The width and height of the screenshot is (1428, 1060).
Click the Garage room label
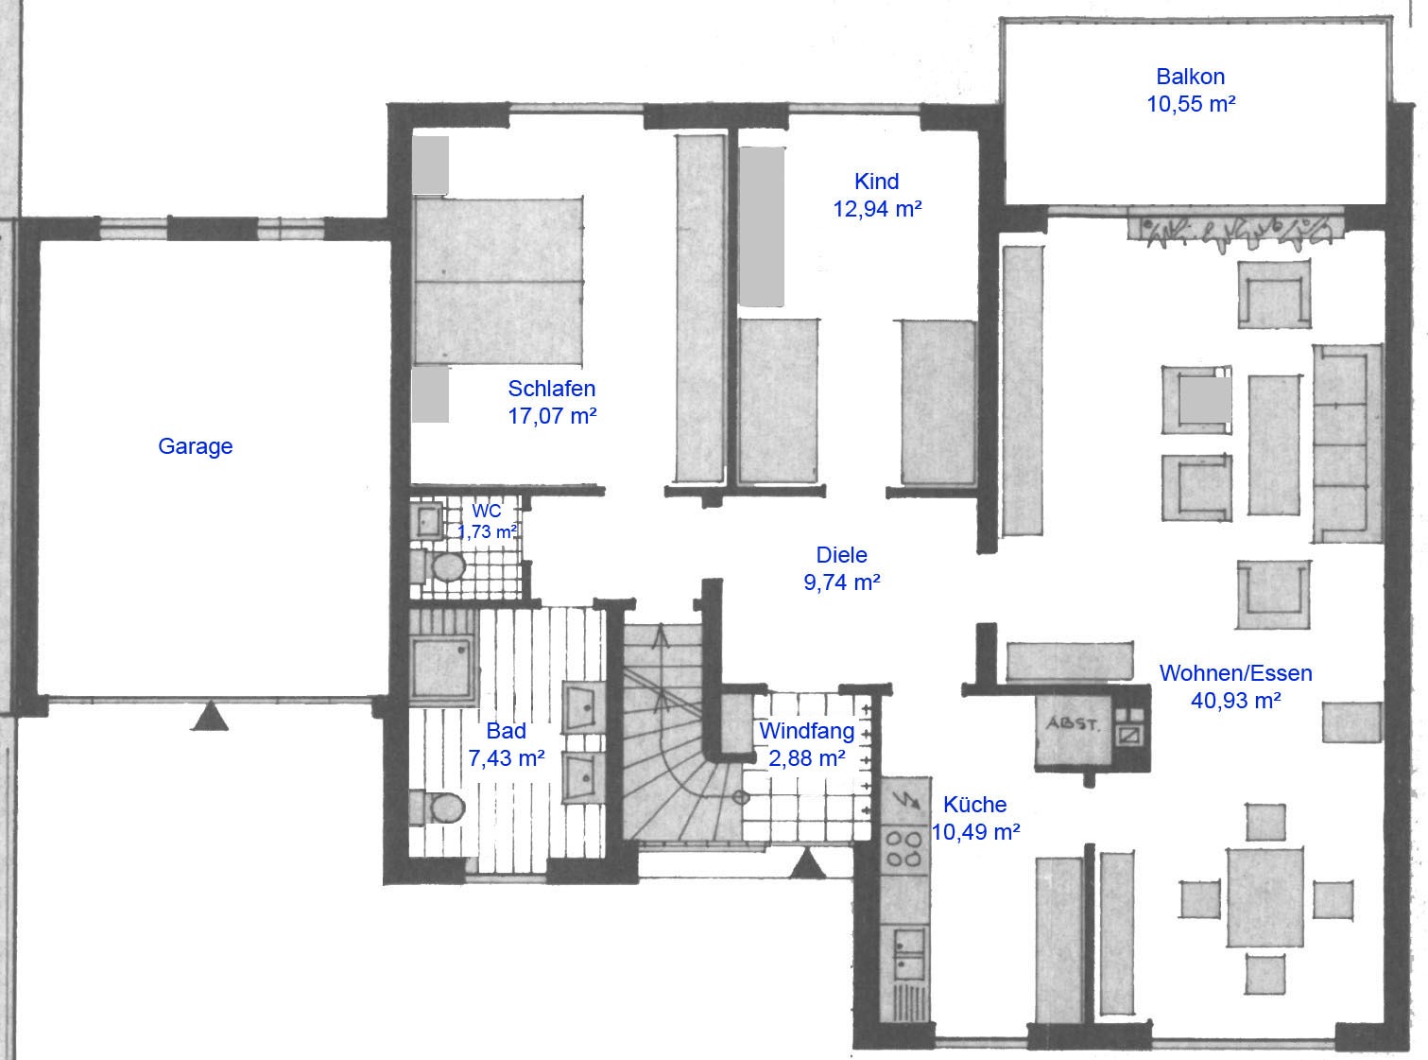pos(195,446)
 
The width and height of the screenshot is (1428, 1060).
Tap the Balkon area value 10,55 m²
pos(1191,104)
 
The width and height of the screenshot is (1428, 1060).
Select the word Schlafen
pos(552,389)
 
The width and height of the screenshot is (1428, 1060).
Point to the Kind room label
pos(876,181)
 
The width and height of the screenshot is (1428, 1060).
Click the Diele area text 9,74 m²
pos(841,582)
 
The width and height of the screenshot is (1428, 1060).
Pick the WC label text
pos(486,511)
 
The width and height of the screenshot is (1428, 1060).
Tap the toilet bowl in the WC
pos(448,567)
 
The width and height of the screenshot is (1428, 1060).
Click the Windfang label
pos(807,731)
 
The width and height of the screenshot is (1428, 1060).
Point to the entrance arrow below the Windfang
pos(807,864)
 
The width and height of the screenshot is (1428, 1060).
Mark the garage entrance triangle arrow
pos(210,717)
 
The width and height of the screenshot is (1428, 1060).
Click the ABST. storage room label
pos(1073,723)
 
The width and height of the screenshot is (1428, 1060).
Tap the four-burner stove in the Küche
pos(904,848)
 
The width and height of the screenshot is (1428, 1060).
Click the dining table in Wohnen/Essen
pos(1265,898)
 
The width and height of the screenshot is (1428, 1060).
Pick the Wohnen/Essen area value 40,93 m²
pos(1235,701)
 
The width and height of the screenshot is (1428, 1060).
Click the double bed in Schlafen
pos(498,281)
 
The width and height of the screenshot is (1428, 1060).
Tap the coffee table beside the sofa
pos(1274,444)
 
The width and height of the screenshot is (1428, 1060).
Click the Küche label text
pos(974,804)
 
